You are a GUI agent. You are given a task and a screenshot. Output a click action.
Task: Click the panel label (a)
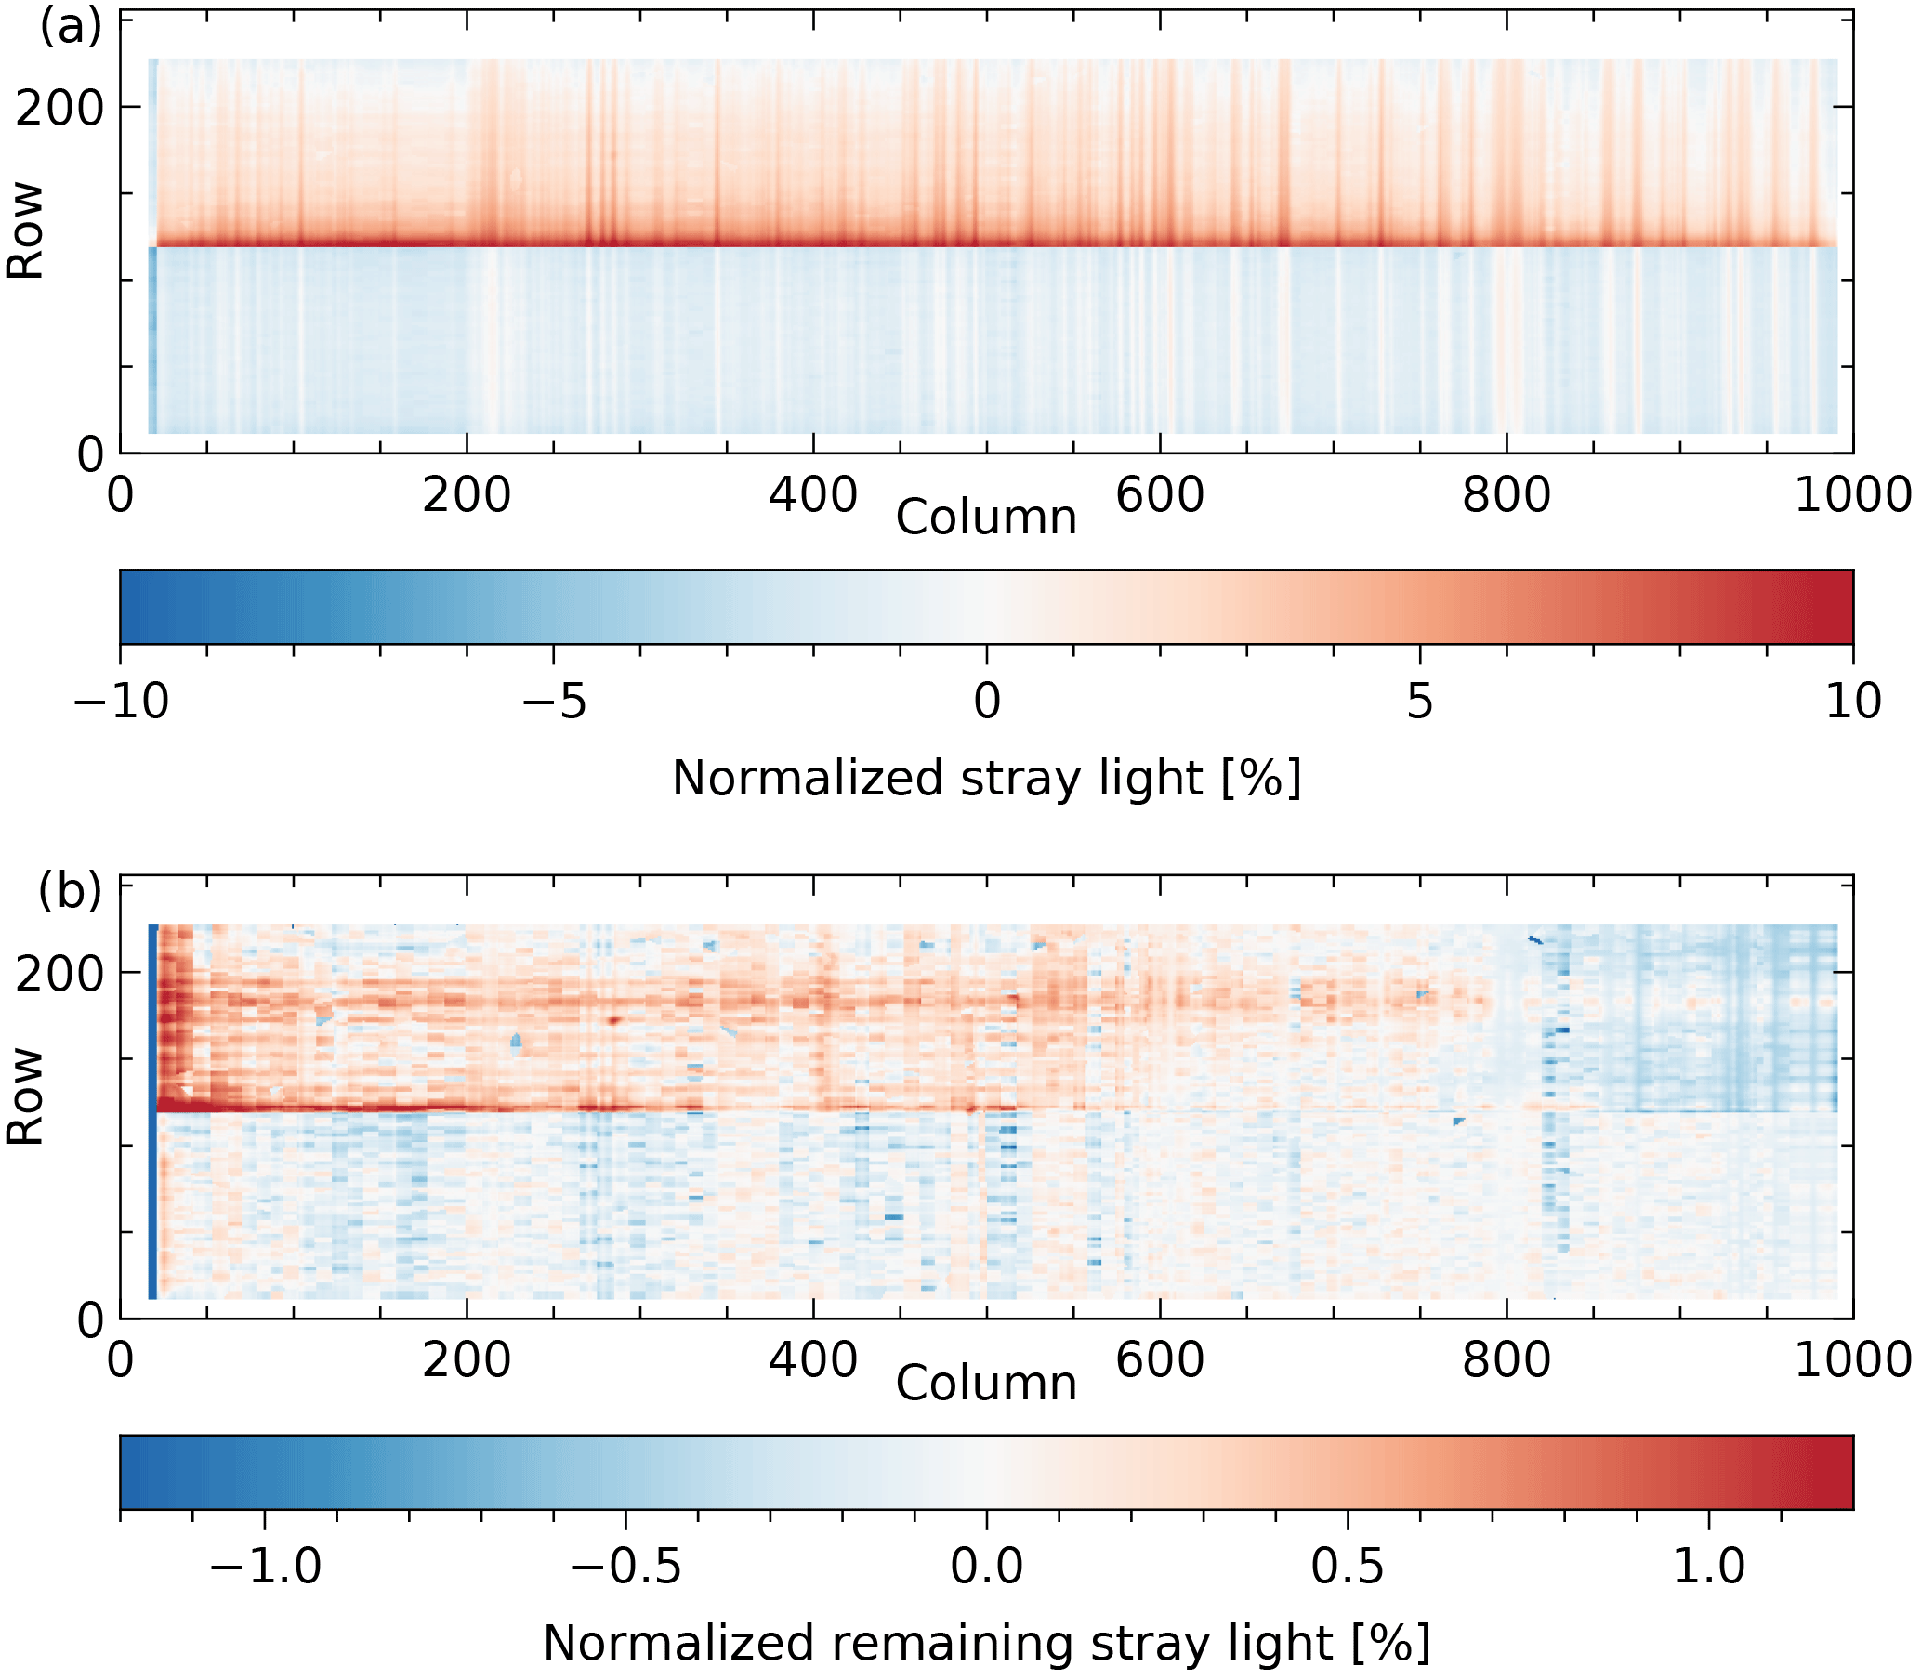[71, 27]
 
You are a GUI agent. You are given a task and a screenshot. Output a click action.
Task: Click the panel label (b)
[71, 889]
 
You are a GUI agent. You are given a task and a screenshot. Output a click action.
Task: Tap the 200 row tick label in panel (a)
[59, 109]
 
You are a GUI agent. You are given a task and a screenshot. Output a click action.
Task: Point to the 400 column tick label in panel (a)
[813, 494]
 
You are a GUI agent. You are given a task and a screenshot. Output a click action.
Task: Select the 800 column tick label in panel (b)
[1506, 1359]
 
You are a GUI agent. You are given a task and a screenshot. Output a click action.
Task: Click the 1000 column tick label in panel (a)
[1852, 494]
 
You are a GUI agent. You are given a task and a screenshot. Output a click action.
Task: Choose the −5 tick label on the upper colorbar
[553, 701]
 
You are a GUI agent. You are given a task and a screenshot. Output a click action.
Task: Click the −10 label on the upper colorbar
[121, 701]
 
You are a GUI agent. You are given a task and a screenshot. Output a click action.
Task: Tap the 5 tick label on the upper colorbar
[1419, 701]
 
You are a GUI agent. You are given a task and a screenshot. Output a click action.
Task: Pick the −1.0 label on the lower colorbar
[265, 1566]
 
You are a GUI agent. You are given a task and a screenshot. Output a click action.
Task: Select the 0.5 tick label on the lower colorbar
[1348, 1566]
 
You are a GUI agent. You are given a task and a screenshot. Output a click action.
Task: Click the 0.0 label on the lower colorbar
[986, 1566]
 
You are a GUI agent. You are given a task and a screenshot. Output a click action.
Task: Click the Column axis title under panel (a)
[986, 518]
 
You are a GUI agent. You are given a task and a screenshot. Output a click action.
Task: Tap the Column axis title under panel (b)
[986, 1384]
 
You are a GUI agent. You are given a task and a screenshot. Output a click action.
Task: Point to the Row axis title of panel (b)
[25, 1096]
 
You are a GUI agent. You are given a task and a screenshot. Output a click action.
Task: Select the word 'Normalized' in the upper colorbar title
[808, 778]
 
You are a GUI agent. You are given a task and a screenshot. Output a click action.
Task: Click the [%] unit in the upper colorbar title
[1261, 778]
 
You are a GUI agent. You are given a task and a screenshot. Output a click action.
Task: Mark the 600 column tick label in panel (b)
[1160, 1359]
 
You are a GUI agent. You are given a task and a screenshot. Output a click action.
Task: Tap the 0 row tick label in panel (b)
[91, 1320]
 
